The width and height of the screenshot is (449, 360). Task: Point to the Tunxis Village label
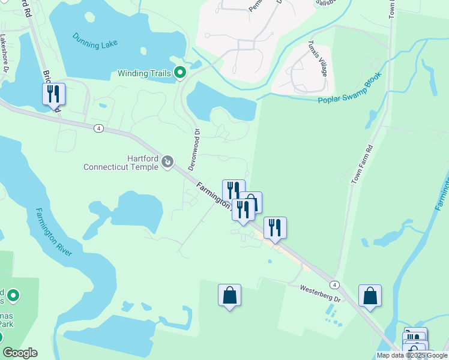(x=318, y=58)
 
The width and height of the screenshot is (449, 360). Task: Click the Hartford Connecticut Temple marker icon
(x=167, y=162)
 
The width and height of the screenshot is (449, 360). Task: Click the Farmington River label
(x=53, y=232)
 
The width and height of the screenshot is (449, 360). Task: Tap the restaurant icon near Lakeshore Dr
(x=53, y=94)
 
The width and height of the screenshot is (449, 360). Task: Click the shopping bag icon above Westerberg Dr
(x=370, y=296)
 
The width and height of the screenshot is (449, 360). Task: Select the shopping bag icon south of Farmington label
(x=229, y=295)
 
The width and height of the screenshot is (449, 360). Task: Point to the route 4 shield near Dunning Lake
(x=98, y=128)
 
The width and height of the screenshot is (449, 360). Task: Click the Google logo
(x=20, y=353)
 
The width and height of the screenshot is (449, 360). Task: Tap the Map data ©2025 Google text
(x=412, y=355)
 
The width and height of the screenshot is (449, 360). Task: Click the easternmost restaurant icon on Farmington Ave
(x=275, y=227)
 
